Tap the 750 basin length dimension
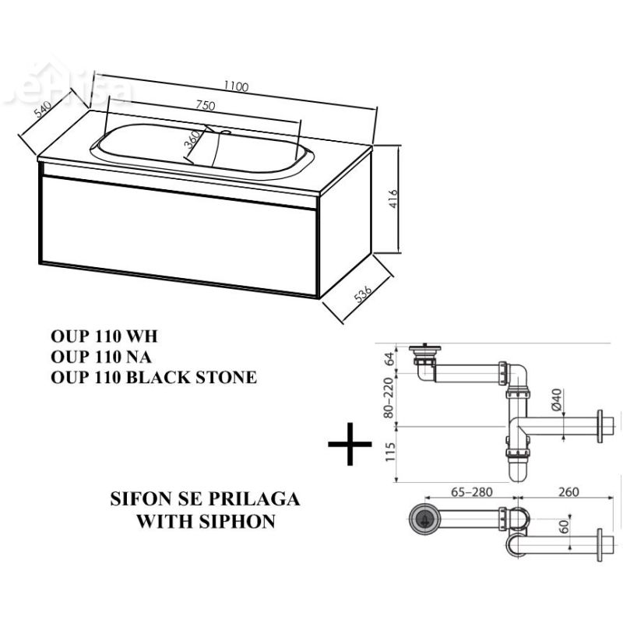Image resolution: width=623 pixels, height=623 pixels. click(205, 107)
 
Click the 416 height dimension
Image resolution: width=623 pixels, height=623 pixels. click(395, 195)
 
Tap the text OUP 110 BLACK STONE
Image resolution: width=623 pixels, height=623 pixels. click(152, 378)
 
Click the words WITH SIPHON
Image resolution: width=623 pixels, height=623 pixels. click(206, 521)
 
